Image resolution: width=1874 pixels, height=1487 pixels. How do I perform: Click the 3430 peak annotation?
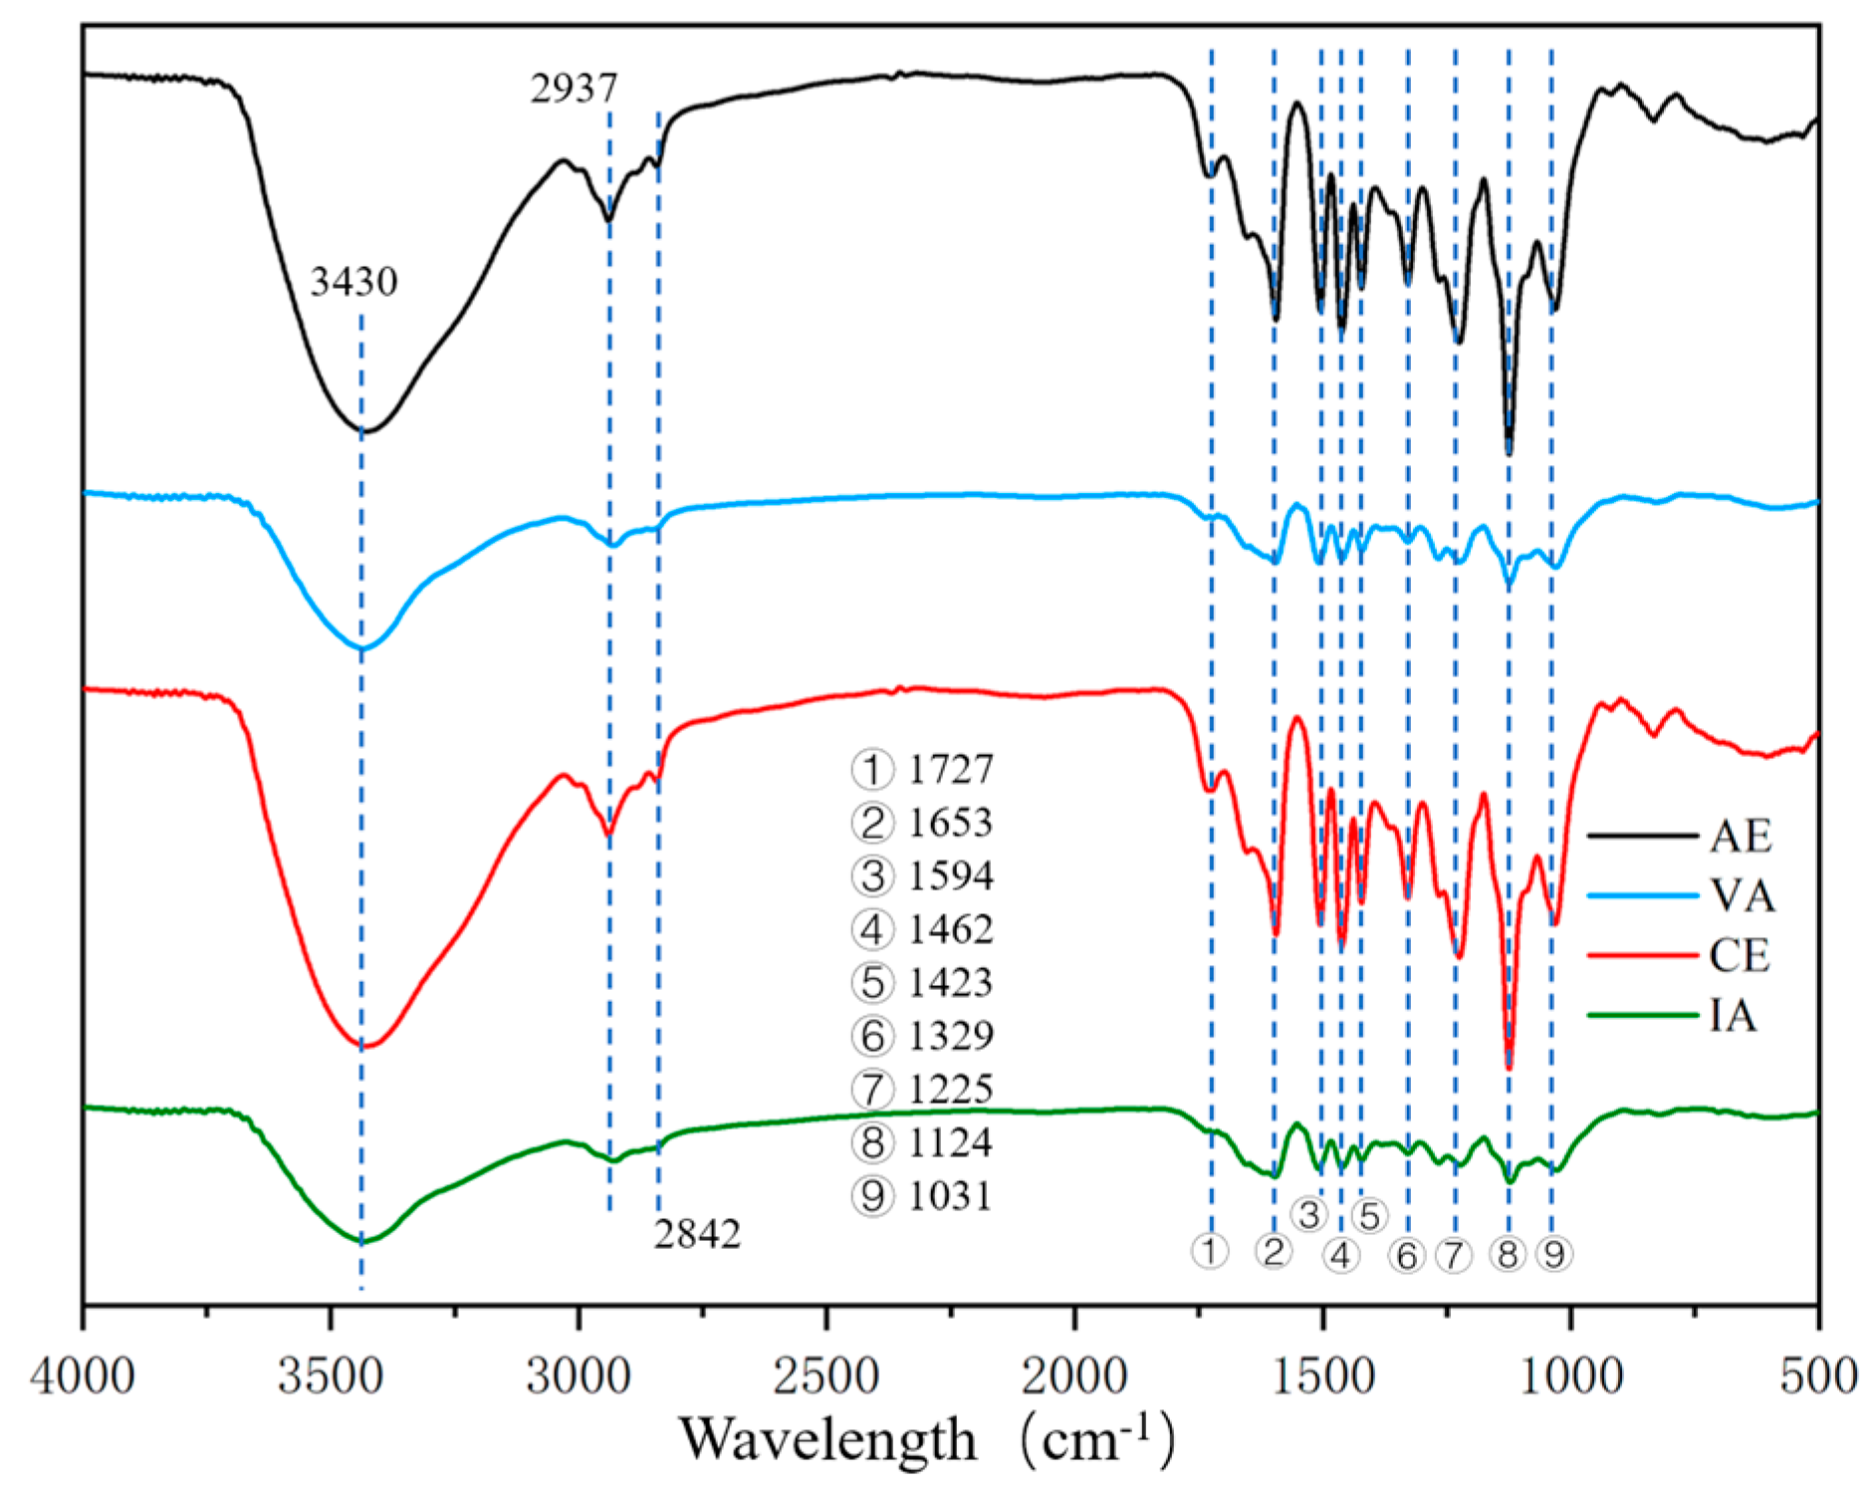[353, 282]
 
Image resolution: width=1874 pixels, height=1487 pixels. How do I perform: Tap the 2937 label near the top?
[574, 89]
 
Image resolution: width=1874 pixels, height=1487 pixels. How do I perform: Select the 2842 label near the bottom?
[697, 1234]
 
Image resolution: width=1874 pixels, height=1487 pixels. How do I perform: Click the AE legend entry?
[1740, 836]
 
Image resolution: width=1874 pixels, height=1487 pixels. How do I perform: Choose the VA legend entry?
[1743, 895]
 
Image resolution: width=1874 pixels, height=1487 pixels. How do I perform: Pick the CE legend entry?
[1740, 955]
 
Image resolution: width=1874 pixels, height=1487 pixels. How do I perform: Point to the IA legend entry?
[1733, 1016]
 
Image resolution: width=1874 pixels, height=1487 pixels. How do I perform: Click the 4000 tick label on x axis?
[83, 1375]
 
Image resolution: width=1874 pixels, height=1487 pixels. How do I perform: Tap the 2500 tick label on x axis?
[826, 1375]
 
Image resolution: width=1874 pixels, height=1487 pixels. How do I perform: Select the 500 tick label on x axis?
[1818, 1375]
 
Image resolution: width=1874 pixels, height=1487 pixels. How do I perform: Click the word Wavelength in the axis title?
[828, 1439]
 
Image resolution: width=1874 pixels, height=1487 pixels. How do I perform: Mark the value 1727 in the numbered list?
[951, 769]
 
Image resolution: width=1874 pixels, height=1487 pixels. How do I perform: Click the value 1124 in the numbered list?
[951, 1141]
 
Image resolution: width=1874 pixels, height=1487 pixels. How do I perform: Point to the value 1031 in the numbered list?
[951, 1195]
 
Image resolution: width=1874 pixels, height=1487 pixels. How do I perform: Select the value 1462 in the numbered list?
[951, 928]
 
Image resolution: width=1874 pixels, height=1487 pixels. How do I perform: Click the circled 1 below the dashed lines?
[1210, 1250]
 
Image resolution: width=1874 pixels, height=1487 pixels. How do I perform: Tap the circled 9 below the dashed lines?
[1553, 1254]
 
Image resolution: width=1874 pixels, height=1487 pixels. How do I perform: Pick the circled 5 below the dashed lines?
[1369, 1215]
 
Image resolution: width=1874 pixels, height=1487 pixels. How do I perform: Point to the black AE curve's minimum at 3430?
[362, 431]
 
